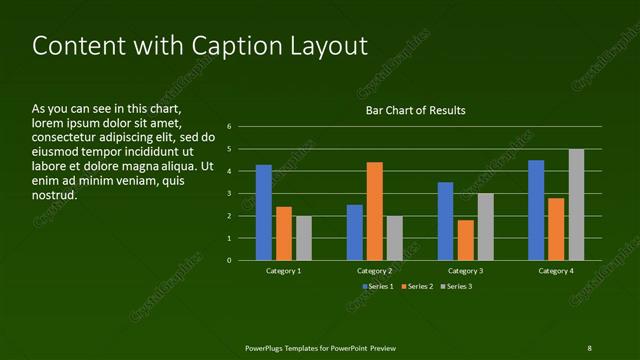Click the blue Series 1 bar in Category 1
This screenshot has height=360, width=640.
pos(264,213)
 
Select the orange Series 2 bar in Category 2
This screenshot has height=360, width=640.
pos(375,211)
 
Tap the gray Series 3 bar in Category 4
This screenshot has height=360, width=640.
pos(576,205)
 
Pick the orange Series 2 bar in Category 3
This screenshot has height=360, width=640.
pos(465,240)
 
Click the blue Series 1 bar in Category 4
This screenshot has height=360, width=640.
pos(536,210)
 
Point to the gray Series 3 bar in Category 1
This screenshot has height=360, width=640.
pos(304,238)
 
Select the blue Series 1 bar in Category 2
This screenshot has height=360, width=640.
pos(355,232)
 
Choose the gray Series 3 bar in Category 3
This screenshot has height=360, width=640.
pos(485,227)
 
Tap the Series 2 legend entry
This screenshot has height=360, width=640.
pos(418,287)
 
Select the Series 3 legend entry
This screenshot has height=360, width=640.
pos(458,287)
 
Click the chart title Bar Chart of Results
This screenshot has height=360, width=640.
pos(414,110)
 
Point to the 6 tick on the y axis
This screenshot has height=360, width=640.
pos(229,127)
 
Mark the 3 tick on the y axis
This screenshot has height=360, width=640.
pos(229,194)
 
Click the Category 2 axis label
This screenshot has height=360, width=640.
pos(374,271)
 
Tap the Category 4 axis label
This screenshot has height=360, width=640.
pos(556,271)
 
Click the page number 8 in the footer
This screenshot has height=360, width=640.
pos(589,348)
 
